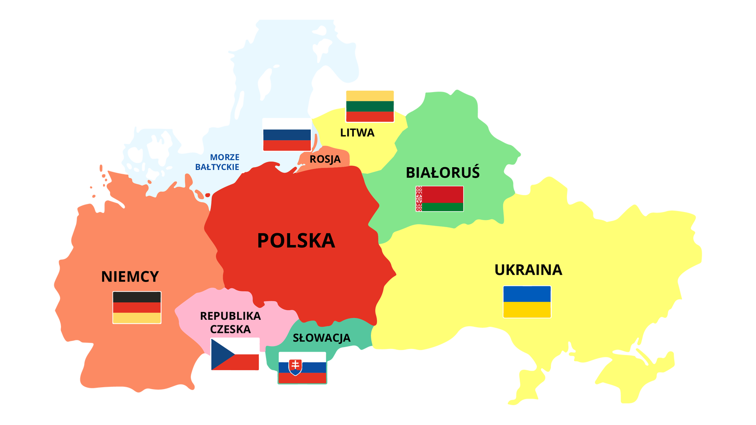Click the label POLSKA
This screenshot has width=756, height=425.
point(296,241)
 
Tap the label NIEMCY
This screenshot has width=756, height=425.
point(130,277)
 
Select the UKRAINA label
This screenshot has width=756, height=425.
point(528,270)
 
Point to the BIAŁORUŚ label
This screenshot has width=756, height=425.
point(443,173)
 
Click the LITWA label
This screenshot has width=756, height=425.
point(357,133)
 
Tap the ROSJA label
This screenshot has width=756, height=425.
point(325,160)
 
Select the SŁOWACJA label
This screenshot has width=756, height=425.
point(322,338)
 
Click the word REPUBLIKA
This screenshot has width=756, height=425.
point(230,316)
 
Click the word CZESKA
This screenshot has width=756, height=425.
point(230,330)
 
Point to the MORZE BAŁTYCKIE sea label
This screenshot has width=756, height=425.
point(218,162)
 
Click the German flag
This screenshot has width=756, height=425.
point(137,307)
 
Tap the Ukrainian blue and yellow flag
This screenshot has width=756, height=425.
point(527,302)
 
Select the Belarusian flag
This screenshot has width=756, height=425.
point(439,199)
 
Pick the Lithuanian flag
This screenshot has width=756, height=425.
point(370,105)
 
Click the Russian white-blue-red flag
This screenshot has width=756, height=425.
point(287,135)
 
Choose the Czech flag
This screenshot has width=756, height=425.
point(235,355)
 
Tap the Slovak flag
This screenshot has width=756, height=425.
point(302,368)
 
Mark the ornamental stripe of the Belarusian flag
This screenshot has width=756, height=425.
point(419,199)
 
